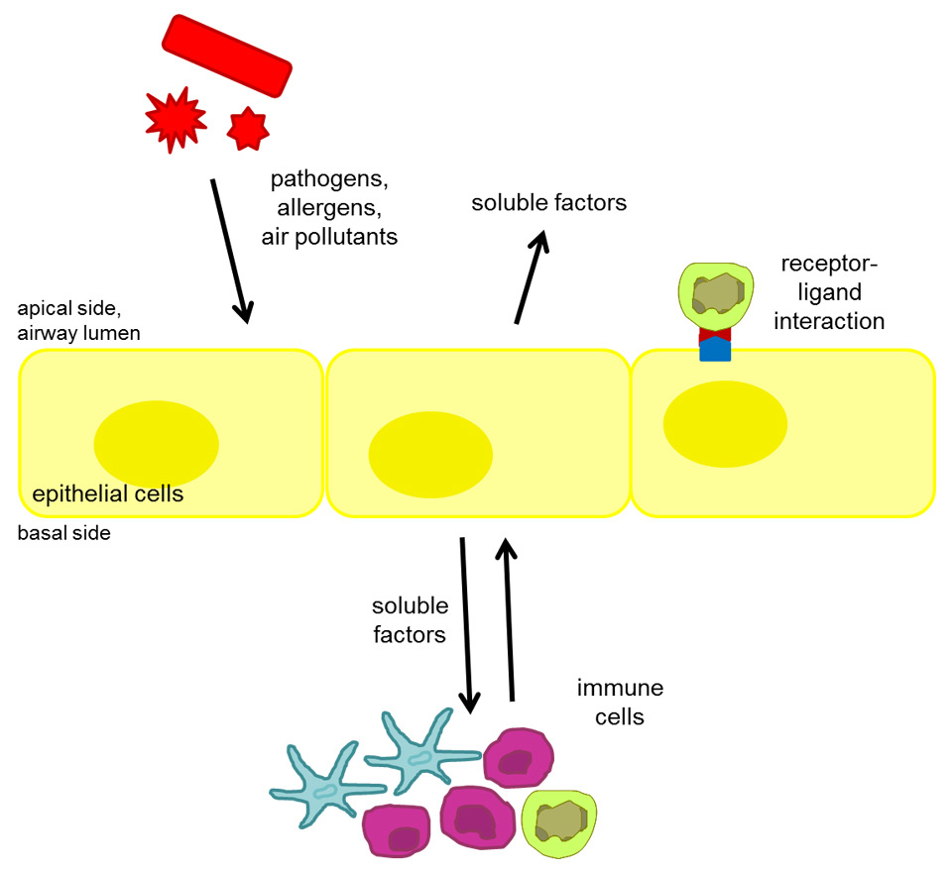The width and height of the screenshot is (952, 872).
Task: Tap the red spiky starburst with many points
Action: click(176, 120)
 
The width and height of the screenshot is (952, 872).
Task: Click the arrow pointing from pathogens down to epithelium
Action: click(229, 251)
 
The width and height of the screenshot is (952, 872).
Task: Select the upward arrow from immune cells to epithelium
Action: click(509, 619)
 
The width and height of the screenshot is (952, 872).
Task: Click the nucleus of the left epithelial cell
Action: click(156, 440)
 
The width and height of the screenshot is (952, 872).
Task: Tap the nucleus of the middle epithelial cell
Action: click(430, 454)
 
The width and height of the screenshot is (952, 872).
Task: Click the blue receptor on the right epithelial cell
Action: click(715, 349)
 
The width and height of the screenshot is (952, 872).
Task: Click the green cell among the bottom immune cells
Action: click(559, 820)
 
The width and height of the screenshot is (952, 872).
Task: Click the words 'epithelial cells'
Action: click(108, 493)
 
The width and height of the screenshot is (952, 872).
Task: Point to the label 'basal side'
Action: click(63, 533)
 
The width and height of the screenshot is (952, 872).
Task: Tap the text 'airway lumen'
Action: click(78, 334)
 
